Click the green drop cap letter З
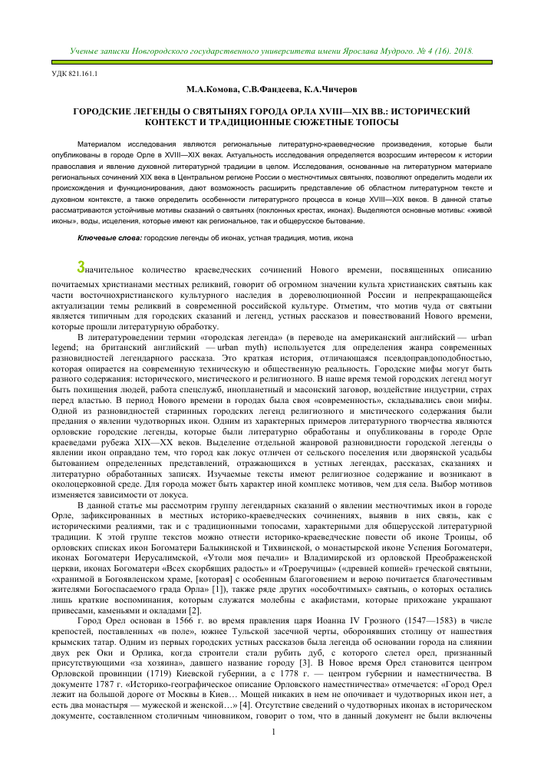point(82,268)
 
